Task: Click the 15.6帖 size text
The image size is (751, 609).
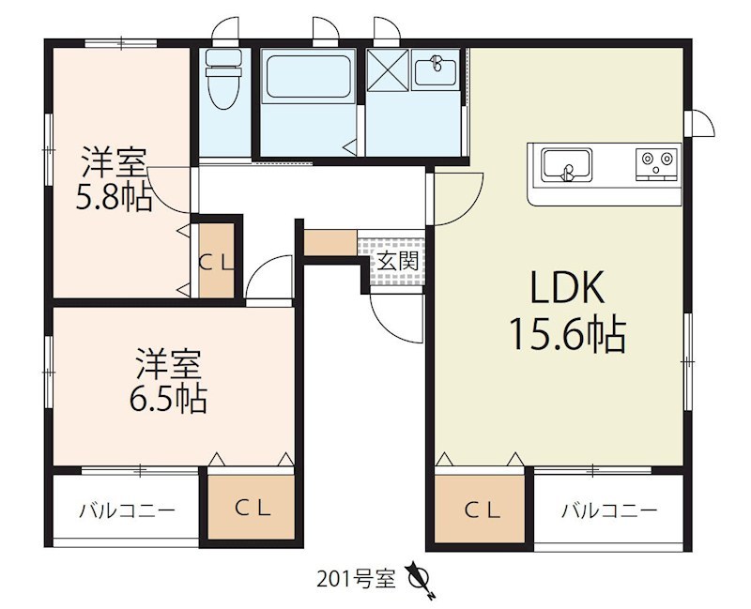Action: coord(567,334)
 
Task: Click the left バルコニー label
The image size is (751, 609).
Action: coord(126,511)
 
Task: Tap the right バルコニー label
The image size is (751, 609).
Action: coord(609,511)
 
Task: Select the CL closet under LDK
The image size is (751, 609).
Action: coord(479,510)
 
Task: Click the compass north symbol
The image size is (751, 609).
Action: coord(420,576)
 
